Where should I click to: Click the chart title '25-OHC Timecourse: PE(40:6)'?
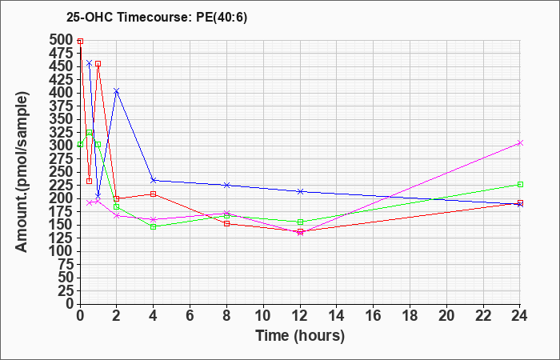point(157,18)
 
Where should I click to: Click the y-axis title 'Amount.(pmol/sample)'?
point(22,172)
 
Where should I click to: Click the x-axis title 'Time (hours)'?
point(300,336)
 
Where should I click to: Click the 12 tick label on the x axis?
point(300,315)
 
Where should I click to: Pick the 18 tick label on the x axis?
point(410,315)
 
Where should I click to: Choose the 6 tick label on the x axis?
point(190,315)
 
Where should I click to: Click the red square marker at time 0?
point(80,42)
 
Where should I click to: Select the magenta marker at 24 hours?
point(520,143)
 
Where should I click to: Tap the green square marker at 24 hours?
point(520,184)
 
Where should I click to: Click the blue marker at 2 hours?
point(117,90)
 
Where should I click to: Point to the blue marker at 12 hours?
point(300,191)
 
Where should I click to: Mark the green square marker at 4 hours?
point(154,226)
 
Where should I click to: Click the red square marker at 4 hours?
point(154,194)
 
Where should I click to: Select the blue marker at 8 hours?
point(226,185)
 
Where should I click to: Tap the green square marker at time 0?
point(80,144)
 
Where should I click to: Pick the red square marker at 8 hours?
point(226,223)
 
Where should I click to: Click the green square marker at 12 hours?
point(300,222)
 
